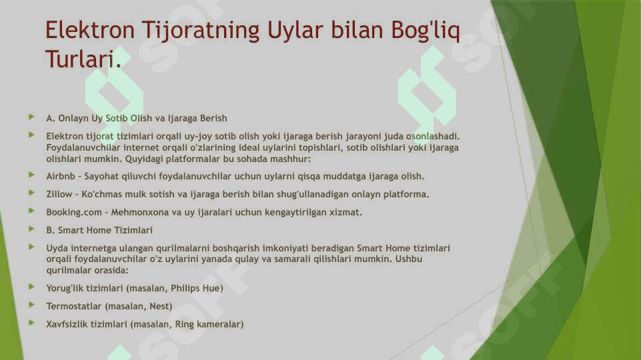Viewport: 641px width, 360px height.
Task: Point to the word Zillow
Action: click(x=59, y=194)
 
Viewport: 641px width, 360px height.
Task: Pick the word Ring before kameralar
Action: click(x=184, y=324)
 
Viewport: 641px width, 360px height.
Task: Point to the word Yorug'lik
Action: click(x=64, y=289)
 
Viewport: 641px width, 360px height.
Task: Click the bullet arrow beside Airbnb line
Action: click(x=31, y=175)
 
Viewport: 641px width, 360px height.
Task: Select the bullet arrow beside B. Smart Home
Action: click(x=31, y=229)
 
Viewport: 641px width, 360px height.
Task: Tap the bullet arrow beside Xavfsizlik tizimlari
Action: click(x=31, y=323)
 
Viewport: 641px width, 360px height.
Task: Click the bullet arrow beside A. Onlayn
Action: click(x=31, y=117)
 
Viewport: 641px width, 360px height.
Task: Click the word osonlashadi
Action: click(x=432, y=136)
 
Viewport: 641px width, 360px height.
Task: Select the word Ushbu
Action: click(x=408, y=259)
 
